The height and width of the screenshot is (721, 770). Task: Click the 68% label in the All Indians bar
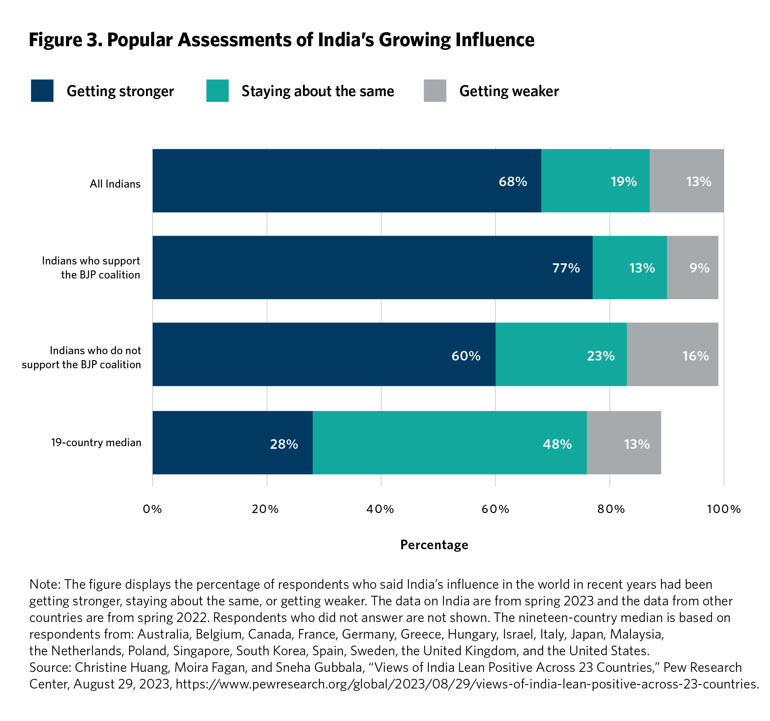tap(512, 182)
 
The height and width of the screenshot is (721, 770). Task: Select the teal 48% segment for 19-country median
tap(449, 442)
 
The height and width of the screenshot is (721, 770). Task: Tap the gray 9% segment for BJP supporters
tap(692, 267)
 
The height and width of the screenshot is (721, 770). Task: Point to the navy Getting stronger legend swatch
tap(42, 90)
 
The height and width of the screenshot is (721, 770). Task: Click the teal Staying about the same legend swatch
tap(217, 90)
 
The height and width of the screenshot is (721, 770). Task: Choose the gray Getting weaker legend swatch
tap(435, 90)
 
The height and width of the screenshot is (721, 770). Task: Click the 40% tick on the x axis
tap(380, 509)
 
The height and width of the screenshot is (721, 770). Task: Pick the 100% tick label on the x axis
tap(723, 509)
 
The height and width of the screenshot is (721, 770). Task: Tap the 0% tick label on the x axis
tap(152, 509)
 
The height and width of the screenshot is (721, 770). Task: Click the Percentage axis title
tap(434, 545)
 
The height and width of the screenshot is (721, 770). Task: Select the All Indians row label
tap(115, 184)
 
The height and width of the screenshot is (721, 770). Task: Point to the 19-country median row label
tap(96, 442)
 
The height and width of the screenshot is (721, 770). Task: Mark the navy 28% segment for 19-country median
tap(232, 442)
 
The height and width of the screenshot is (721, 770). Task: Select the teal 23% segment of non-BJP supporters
tap(561, 354)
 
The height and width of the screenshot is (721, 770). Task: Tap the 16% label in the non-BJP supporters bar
tap(695, 356)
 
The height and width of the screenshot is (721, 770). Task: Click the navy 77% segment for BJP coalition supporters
tap(372, 267)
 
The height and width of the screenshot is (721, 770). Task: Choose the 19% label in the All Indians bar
tap(623, 182)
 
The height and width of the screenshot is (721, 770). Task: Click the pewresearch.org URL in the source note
tap(467, 684)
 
